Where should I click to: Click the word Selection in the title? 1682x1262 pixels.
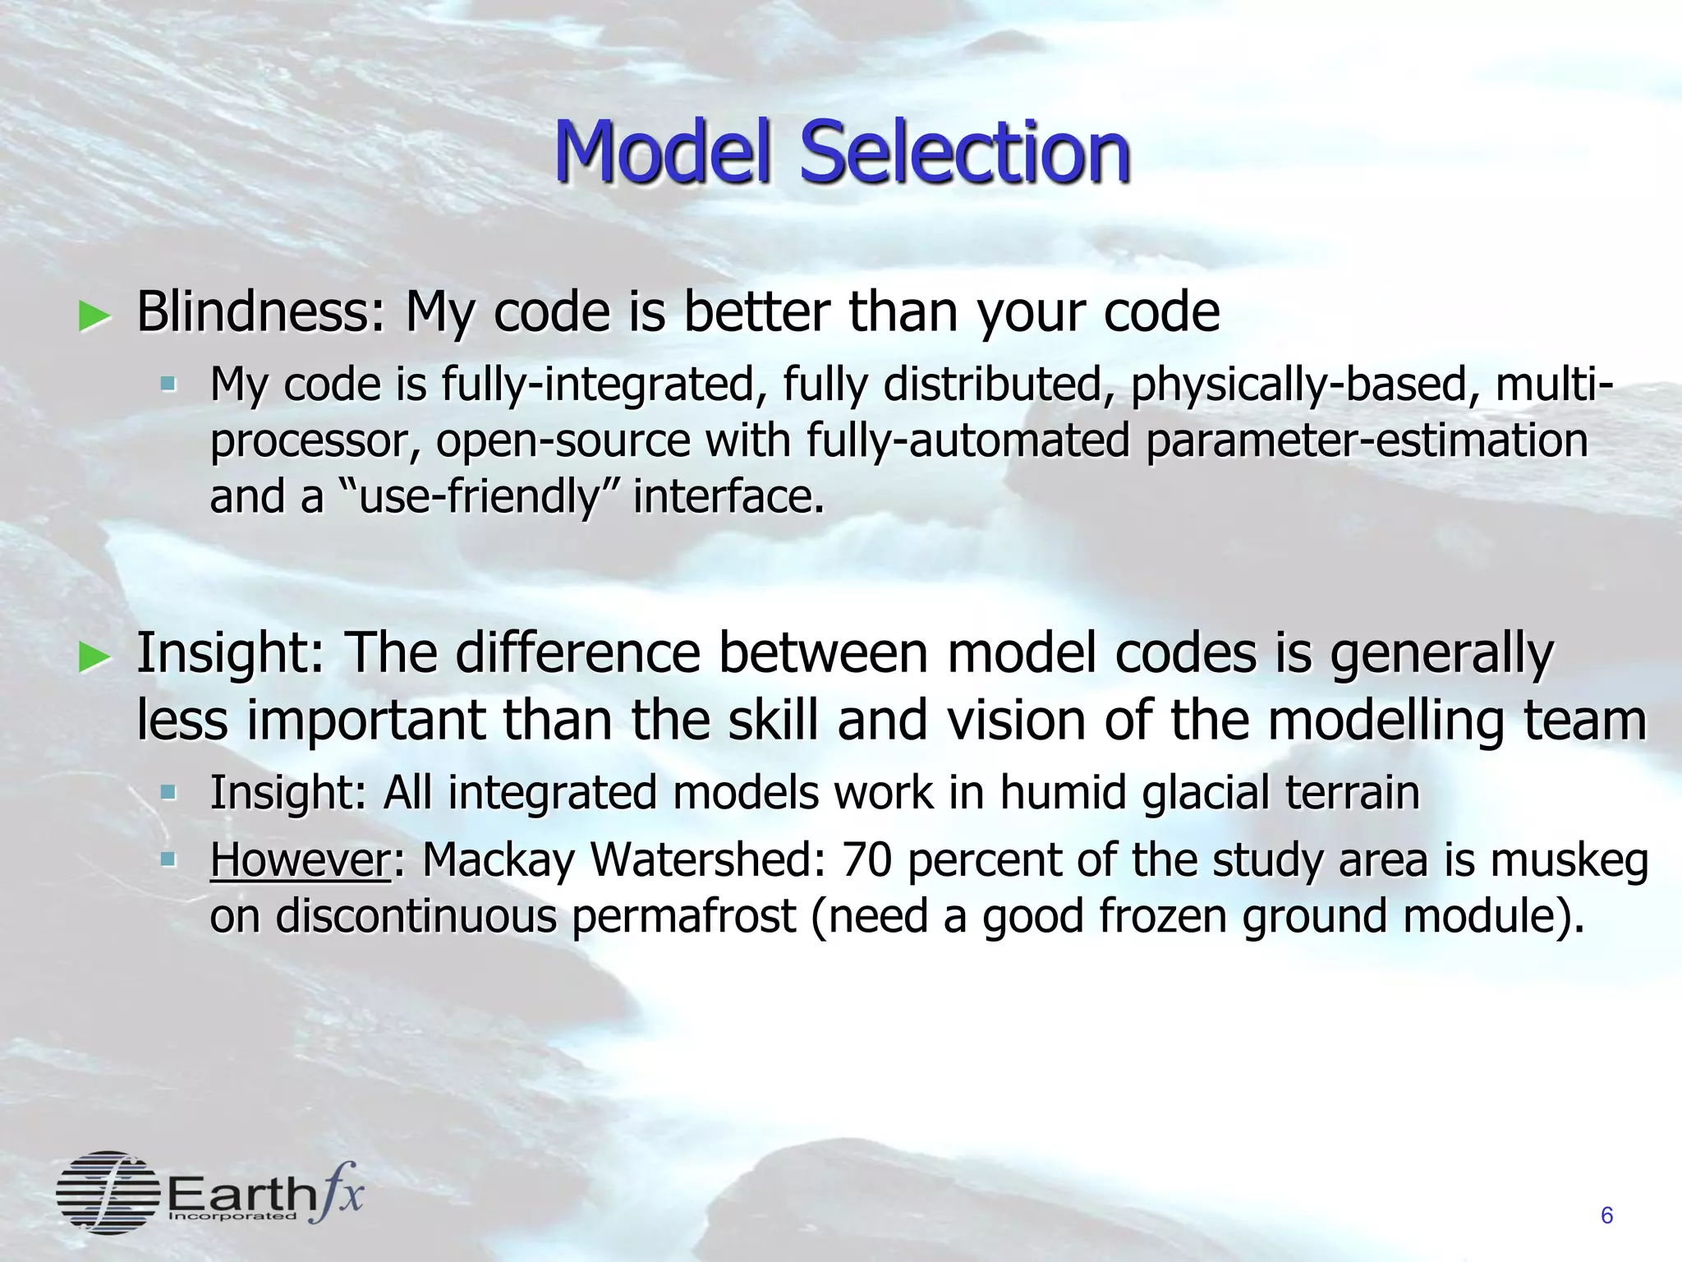click(x=965, y=152)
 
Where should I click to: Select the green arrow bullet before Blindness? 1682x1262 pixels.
click(x=94, y=316)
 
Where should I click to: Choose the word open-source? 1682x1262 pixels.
click(x=563, y=441)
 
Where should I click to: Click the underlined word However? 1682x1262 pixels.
click(x=301, y=861)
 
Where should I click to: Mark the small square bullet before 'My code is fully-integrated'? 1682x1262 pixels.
click(x=168, y=384)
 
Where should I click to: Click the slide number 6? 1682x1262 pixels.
click(x=1607, y=1215)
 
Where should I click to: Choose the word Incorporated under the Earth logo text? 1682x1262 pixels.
click(x=232, y=1216)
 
